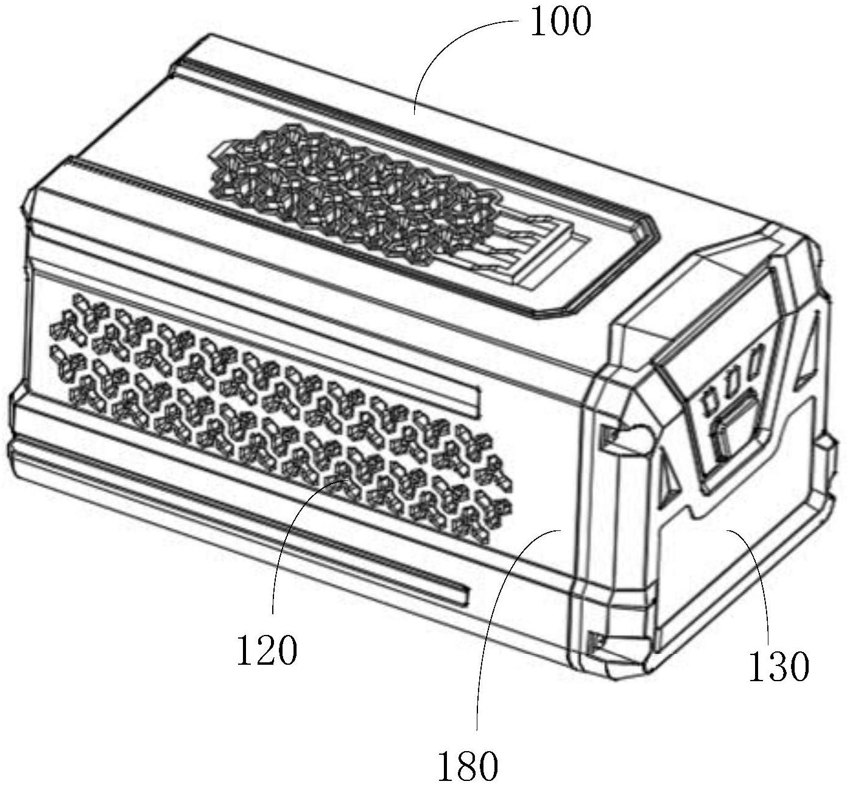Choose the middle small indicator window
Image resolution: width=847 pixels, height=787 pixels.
[x=734, y=380]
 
